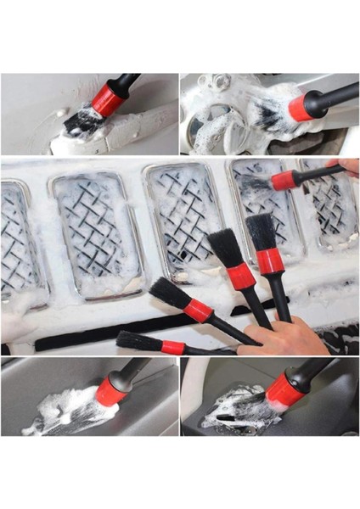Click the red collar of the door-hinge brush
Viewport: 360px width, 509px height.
[x=107, y=100]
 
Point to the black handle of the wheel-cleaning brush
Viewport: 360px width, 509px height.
[x=336, y=94]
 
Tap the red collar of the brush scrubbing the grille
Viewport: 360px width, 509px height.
[x=283, y=180]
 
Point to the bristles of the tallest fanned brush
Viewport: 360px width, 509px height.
[x=261, y=231]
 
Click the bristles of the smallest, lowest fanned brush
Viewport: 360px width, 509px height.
[x=138, y=341]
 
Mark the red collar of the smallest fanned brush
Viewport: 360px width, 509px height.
[x=173, y=347]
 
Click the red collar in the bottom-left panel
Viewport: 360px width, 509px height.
[x=111, y=391]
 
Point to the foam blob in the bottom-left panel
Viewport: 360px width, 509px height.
[x=64, y=412]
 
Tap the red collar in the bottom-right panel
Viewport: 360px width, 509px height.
[x=285, y=389]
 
